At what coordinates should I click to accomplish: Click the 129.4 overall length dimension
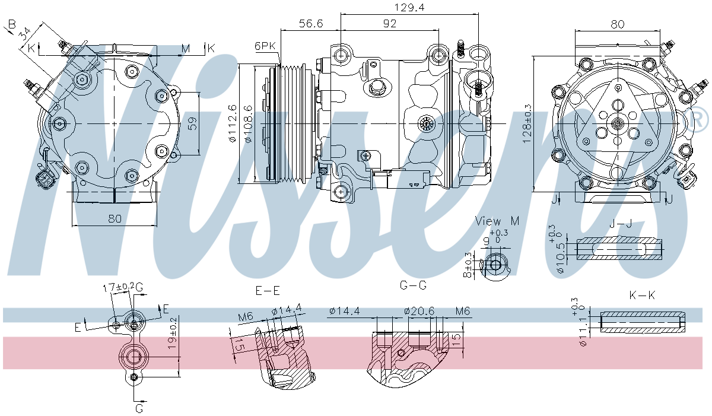point(408,7)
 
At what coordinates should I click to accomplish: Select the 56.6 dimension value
point(310,23)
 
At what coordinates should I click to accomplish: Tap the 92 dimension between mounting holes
point(389,23)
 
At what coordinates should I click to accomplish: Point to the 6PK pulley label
point(265,46)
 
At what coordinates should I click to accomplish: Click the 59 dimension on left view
point(192,124)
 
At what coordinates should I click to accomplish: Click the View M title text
point(497,221)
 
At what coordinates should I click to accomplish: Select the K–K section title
point(642,295)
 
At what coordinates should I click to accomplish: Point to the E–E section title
point(268,291)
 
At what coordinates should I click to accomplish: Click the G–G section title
point(413,285)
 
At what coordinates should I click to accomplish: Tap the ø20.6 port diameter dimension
point(419,310)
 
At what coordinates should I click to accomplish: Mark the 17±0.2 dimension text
point(118,287)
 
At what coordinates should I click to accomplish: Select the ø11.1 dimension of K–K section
point(582,329)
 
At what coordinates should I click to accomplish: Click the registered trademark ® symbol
point(700,120)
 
